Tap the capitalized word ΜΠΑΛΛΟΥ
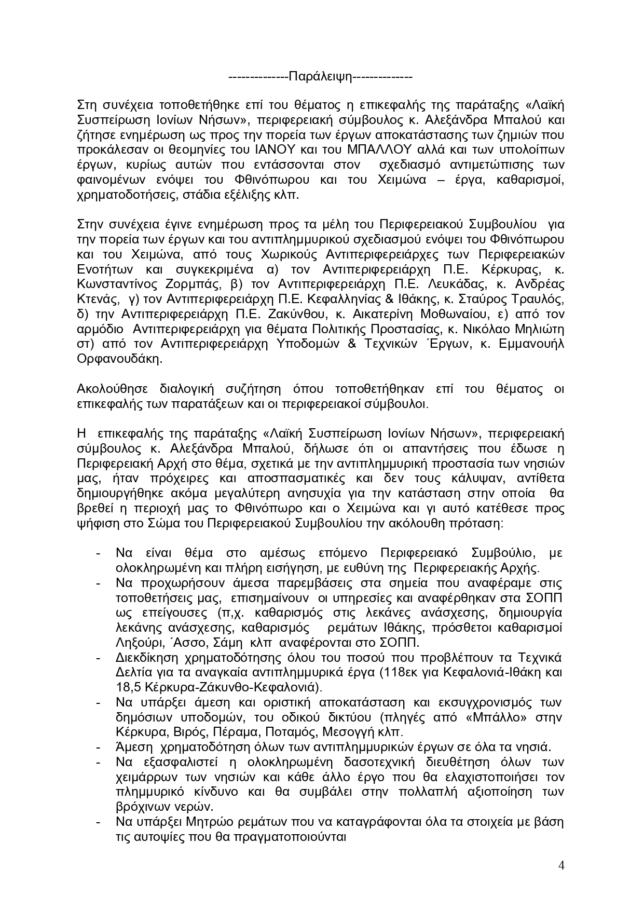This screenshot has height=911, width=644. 382,149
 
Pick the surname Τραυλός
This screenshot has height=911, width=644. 538,299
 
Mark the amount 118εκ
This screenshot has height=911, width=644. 397,673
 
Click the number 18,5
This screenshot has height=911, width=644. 128,687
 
